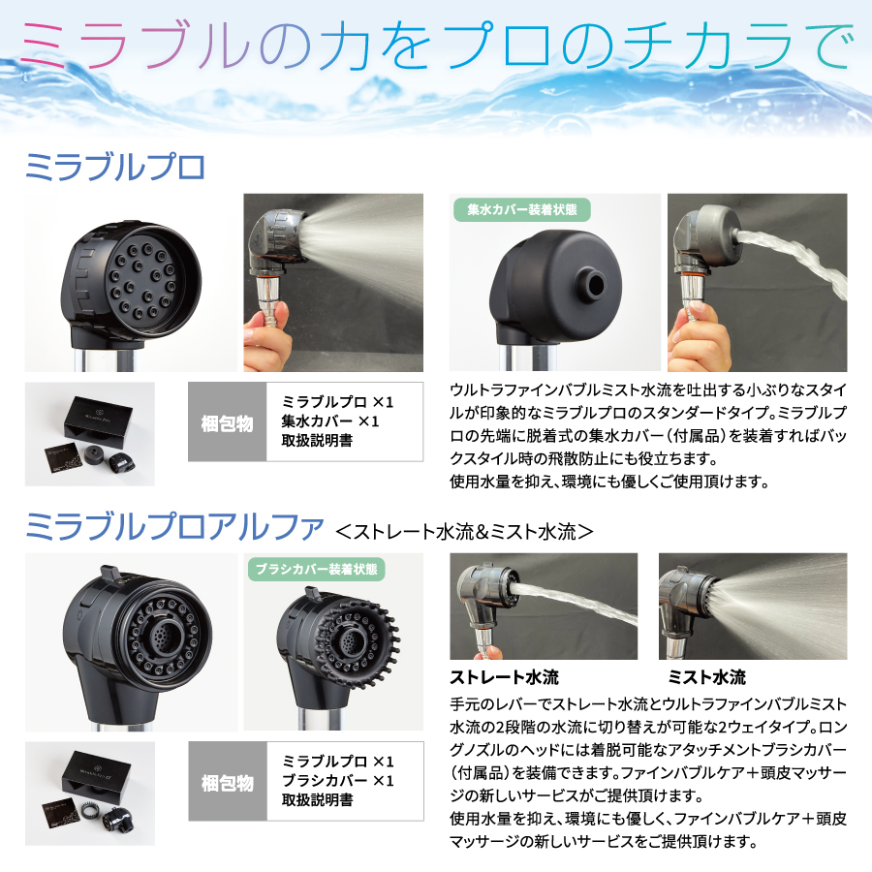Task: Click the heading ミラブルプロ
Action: (115, 167)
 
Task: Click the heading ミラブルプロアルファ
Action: (173, 528)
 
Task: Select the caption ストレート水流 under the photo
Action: (504, 676)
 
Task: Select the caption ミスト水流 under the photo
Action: (706, 676)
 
